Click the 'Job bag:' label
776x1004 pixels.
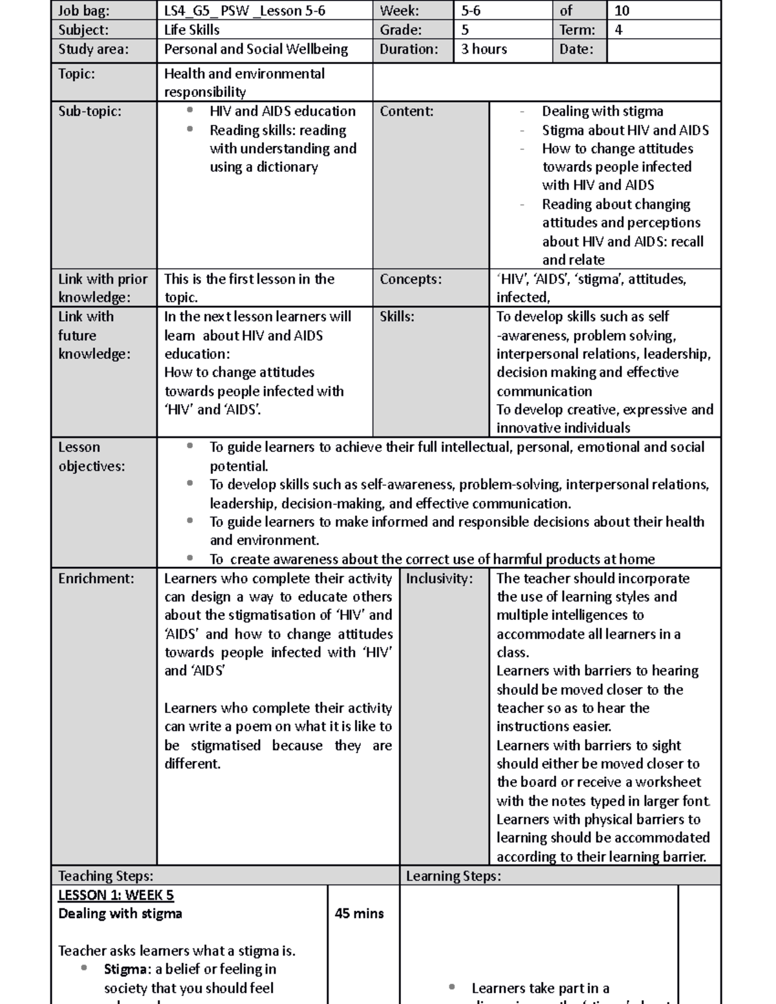[x=83, y=10]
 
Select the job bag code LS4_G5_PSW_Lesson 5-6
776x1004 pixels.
[x=244, y=10]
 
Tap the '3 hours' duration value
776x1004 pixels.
[x=484, y=49]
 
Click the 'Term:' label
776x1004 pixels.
[x=577, y=30]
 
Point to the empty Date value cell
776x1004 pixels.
[x=663, y=50]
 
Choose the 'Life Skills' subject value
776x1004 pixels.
[x=191, y=30]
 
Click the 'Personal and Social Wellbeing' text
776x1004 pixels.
[x=255, y=49]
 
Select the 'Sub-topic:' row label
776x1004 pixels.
[x=89, y=111]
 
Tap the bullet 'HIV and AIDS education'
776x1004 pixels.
[x=282, y=111]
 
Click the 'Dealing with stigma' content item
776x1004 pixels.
[x=602, y=111]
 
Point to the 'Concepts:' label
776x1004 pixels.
[x=411, y=279]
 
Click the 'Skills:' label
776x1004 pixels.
[x=396, y=317]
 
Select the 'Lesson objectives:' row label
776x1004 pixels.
[x=91, y=456]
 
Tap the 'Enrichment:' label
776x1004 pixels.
[x=96, y=579]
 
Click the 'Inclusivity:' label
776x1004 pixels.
[x=439, y=579]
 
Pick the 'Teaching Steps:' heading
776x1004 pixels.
[x=105, y=876]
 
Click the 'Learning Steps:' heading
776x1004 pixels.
[x=453, y=876]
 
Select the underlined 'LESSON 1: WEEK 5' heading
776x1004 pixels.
[x=116, y=895]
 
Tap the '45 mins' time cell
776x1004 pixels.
[x=359, y=913]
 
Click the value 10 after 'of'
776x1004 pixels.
[x=621, y=10]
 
